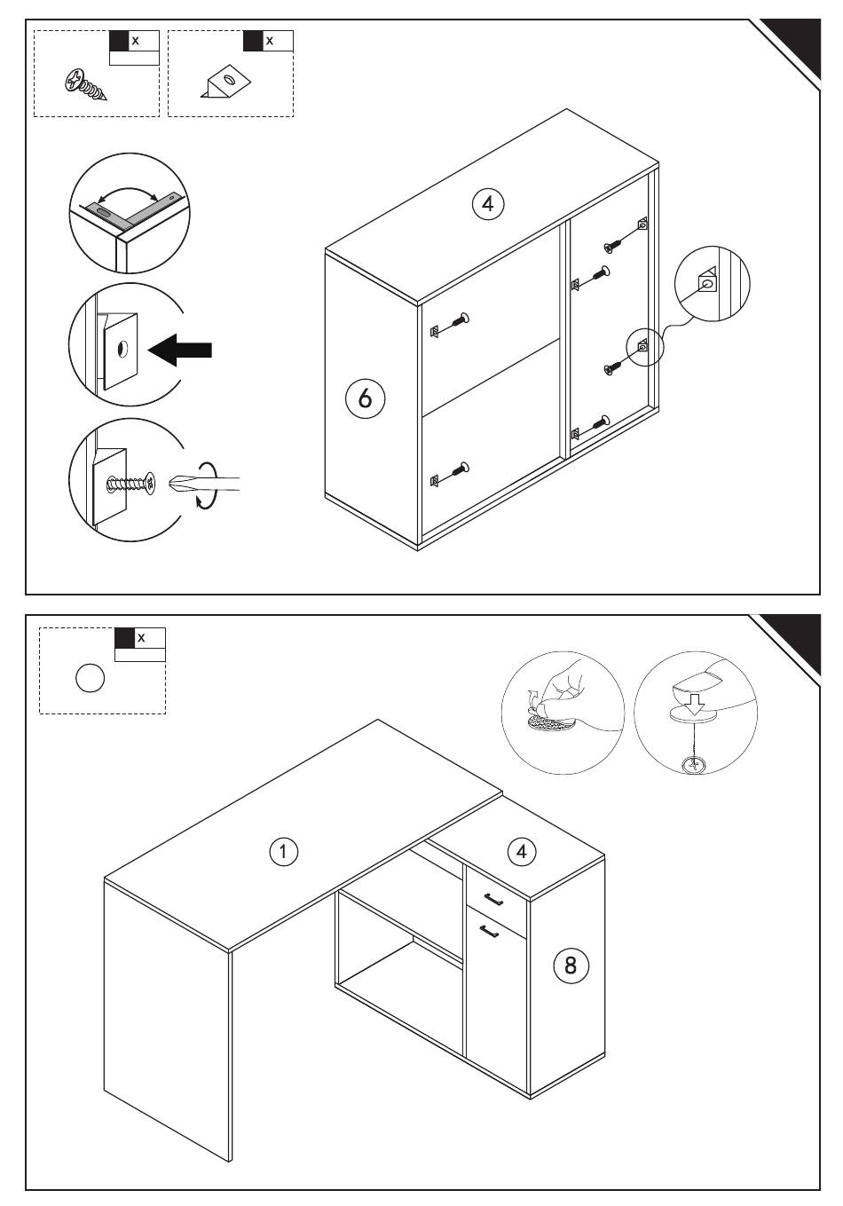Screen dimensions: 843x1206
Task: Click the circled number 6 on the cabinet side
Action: (365, 398)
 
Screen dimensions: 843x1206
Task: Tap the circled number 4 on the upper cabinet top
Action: (488, 204)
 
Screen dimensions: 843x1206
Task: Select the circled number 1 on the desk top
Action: (283, 852)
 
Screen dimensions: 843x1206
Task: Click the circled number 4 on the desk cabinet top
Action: (521, 852)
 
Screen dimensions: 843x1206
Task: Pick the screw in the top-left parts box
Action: (85, 85)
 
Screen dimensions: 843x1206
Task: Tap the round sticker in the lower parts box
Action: (90, 678)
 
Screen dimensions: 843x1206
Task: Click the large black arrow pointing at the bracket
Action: (180, 350)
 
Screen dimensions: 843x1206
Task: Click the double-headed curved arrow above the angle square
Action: (128, 195)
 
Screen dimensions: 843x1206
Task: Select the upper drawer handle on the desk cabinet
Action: (493, 899)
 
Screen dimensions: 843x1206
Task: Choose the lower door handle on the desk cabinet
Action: (489, 931)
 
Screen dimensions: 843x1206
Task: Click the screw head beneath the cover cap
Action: (695, 765)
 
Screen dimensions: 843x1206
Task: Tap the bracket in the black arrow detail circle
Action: (120, 350)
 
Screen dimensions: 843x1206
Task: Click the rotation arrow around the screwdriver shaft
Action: (206, 484)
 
